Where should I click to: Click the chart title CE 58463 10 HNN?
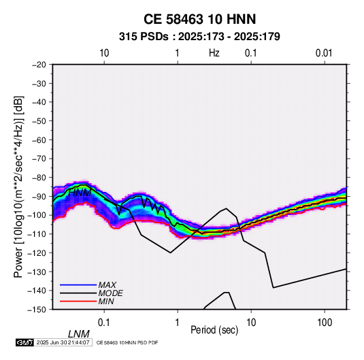199,19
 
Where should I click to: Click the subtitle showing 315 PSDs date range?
199,37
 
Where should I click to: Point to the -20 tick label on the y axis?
39,65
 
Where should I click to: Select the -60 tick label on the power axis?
39,140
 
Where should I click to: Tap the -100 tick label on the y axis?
37,215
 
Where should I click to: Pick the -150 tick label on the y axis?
37,310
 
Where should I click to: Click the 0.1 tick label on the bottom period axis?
103,323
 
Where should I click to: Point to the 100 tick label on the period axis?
325,323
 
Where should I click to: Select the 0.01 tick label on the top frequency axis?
324,53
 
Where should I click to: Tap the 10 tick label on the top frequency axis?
104,53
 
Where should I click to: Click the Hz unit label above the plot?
214,53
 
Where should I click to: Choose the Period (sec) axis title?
214,330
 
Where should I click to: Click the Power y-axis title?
18,187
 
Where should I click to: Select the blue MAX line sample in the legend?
78,284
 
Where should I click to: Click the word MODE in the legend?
110,293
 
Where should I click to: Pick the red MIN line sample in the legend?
78,301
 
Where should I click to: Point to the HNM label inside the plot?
80,193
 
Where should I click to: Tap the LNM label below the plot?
79,334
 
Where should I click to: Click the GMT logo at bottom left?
25,342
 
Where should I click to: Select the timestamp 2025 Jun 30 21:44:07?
63,342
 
